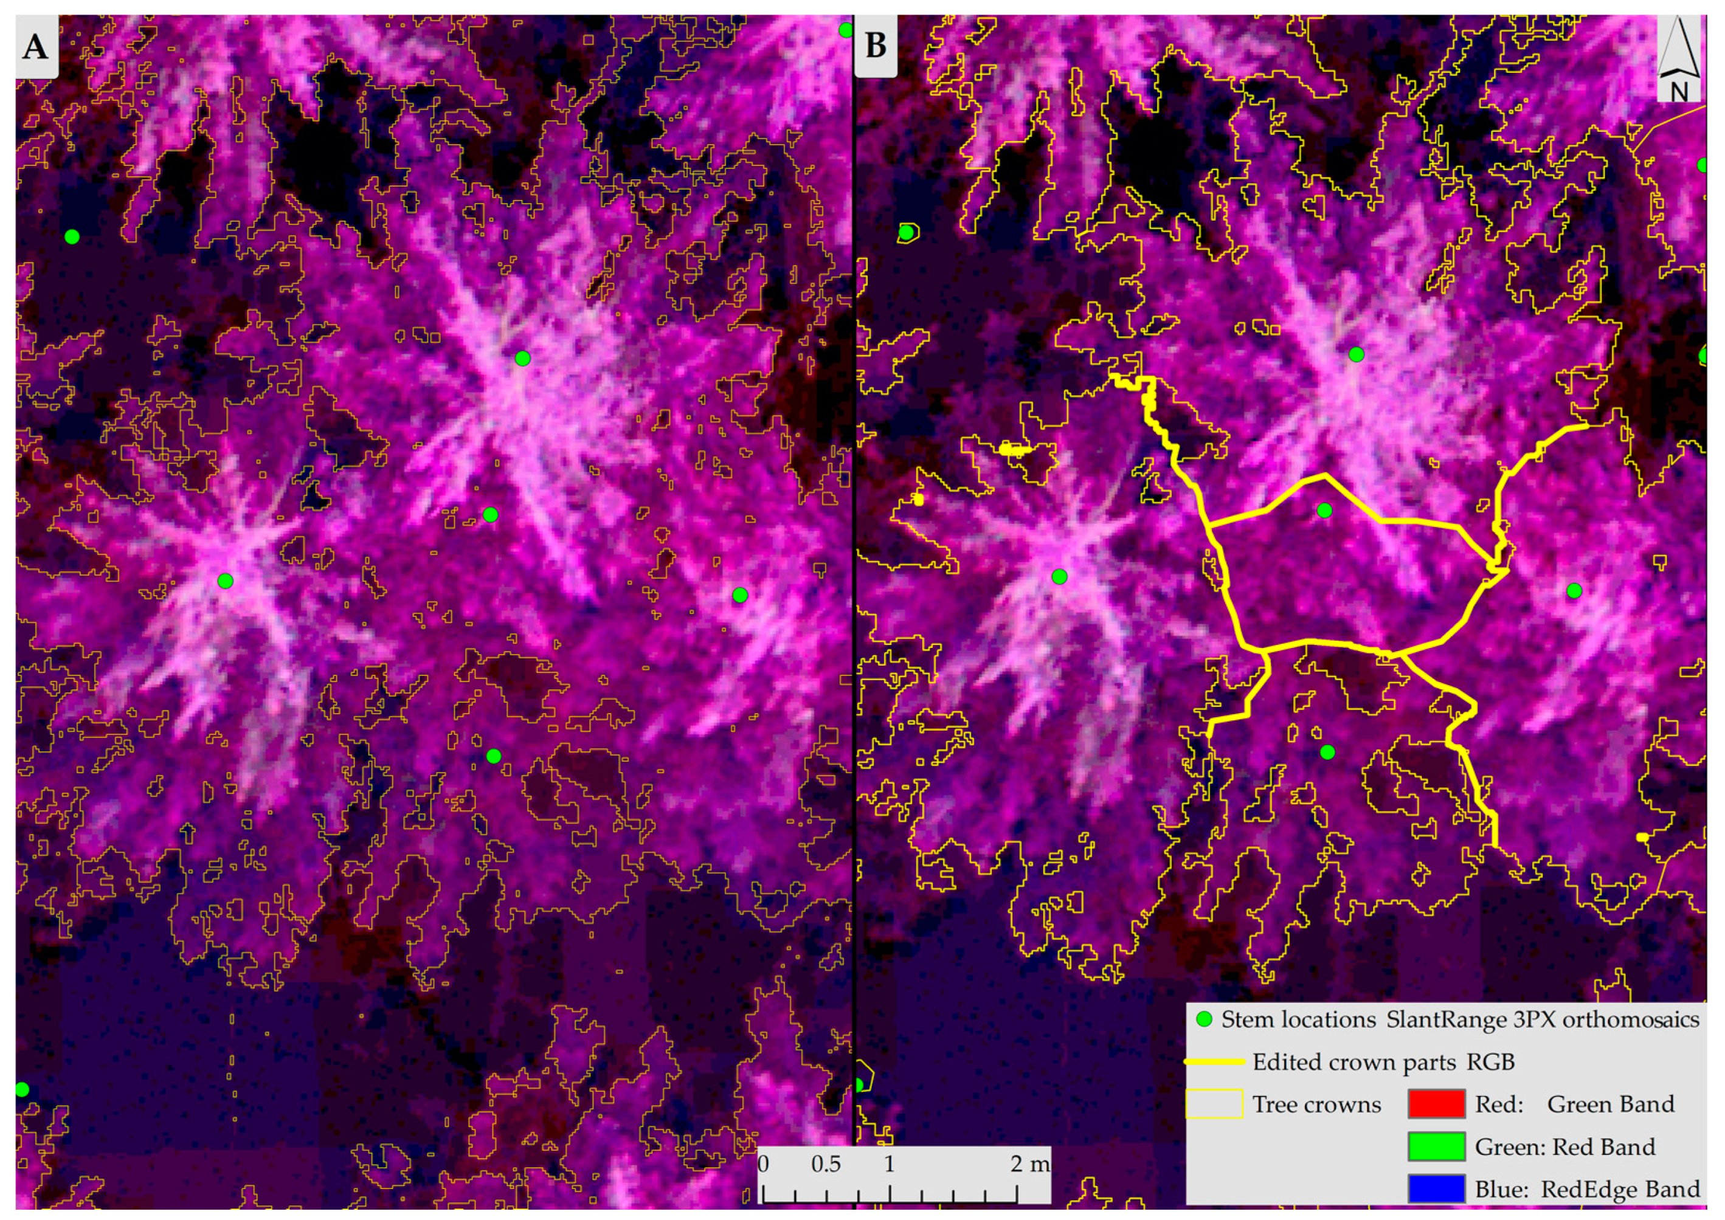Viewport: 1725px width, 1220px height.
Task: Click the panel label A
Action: [x=35, y=47]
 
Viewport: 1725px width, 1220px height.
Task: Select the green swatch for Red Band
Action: [x=1436, y=1147]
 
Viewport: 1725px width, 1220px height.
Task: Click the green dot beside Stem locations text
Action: [x=1205, y=1020]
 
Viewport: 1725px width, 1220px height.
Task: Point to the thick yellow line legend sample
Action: [x=1214, y=1062]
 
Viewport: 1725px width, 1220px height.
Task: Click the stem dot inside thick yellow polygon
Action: [x=1324, y=511]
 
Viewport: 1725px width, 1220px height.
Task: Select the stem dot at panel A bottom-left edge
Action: [x=22, y=1089]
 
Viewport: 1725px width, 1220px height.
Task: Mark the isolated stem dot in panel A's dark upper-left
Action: [x=71, y=236]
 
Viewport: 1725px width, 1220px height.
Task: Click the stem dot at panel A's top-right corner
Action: [x=845, y=30]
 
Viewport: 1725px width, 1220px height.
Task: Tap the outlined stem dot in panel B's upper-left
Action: [x=907, y=233]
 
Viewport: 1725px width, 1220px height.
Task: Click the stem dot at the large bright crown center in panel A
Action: [x=522, y=358]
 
